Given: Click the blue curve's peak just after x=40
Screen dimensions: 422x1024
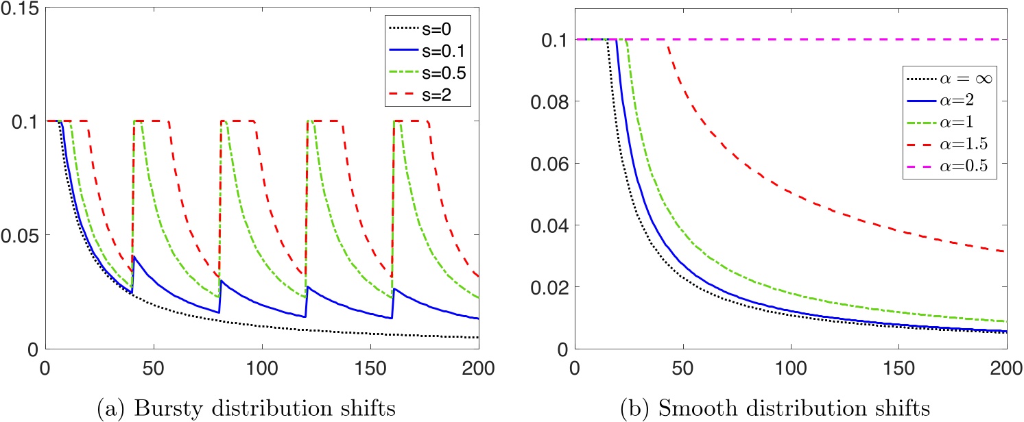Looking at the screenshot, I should point(134,256).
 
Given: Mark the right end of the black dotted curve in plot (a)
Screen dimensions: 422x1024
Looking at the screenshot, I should point(478,337).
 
